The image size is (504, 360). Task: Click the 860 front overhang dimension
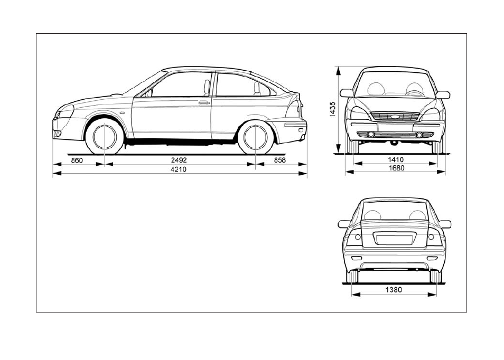point(77,160)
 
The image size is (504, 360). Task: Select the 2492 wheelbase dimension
point(179,160)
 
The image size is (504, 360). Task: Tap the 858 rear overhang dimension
point(279,160)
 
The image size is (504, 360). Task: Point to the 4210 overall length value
point(179,169)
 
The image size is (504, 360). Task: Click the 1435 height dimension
point(332,109)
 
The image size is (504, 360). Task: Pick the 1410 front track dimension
point(396,159)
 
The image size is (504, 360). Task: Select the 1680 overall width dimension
point(396,168)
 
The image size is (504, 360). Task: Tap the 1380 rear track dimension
point(394,290)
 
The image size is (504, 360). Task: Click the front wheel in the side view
point(105,136)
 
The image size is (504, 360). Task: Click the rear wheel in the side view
point(256,137)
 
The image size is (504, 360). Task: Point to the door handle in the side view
point(204,103)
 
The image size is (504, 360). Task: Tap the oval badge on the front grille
point(396,117)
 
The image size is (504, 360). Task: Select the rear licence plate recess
point(395,240)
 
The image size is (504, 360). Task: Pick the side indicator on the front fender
point(122,113)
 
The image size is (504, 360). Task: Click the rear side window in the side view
point(244,85)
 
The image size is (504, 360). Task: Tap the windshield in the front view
point(395,84)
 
